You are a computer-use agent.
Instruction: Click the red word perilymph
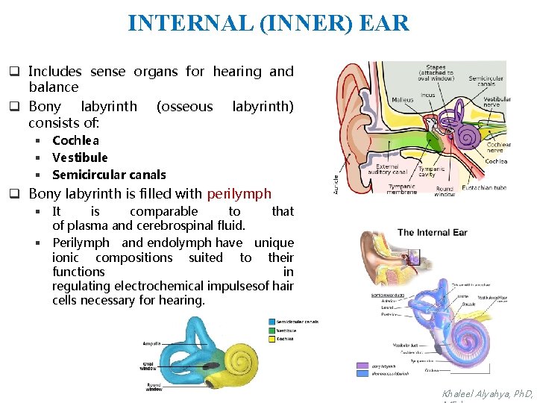tap(239, 194)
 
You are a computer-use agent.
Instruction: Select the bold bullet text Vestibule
tap(80, 157)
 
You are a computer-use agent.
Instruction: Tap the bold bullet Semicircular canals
tap(109, 175)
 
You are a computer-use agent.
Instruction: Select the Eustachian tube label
tap(483, 188)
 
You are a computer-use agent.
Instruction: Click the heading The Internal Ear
tap(432, 232)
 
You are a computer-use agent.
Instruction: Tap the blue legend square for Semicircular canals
tap(271, 322)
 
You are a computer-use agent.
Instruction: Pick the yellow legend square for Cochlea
tap(271, 338)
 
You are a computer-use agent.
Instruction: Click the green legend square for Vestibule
tap(271, 331)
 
